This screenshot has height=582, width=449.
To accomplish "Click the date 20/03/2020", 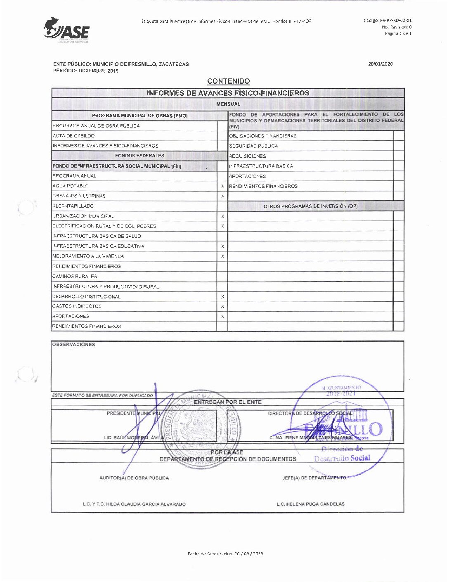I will pyautogui.click(x=380, y=64).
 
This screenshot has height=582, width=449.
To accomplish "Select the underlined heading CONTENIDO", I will pyautogui.click(x=228, y=81).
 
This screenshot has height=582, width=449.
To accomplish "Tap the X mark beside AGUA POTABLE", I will pyautogui.click(x=222, y=186).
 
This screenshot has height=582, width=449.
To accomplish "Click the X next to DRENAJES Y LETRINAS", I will pyautogui.click(x=222, y=196).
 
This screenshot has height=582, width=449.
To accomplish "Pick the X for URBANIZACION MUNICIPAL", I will pyautogui.click(x=222, y=216).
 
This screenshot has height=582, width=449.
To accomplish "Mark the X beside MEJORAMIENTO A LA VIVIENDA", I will pyautogui.click(x=222, y=256).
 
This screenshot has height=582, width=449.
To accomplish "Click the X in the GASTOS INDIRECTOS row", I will pyautogui.click(x=222, y=307).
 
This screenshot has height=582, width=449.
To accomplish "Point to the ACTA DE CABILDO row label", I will pyautogui.click(x=73, y=136).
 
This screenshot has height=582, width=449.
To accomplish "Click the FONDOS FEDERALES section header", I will pyautogui.click(x=139, y=156).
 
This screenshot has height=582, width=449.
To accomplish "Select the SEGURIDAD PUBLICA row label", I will pyautogui.click(x=253, y=146).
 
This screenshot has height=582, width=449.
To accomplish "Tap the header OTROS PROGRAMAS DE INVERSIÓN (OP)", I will pyautogui.click(x=310, y=206).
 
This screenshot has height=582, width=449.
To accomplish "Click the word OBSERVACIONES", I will pyautogui.click(x=73, y=345).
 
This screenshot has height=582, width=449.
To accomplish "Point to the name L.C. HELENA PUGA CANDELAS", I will pyautogui.click(x=310, y=504).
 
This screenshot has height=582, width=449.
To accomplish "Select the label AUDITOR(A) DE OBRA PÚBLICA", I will pyautogui.click(x=134, y=478).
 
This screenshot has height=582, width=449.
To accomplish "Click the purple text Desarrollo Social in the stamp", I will pyautogui.click(x=342, y=458).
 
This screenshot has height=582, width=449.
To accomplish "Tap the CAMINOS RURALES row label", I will pyautogui.click(x=75, y=277).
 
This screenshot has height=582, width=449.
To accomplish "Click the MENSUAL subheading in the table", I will pyautogui.click(x=228, y=104).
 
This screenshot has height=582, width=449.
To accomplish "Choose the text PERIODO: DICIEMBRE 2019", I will pyautogui.click(x=86, y=71).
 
